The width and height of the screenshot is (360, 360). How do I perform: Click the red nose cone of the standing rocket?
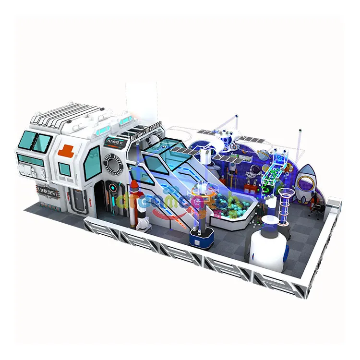coord(135,185)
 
